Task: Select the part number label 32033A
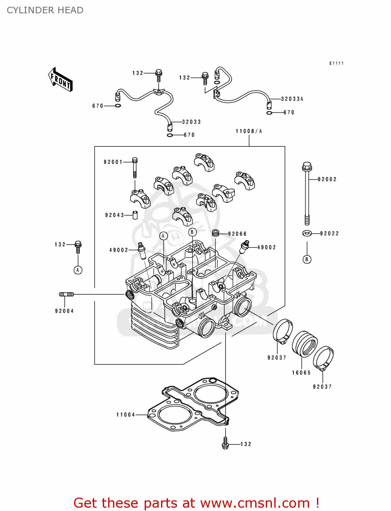[292, 99]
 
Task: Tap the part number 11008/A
[249, 131]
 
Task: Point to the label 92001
[113, 162]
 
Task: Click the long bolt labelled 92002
[307, 194]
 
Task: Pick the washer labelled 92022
[307, 233]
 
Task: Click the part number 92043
[114, 215]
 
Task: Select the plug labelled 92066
[215, 233]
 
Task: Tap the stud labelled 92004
[67, 294]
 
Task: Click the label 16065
[301, 373]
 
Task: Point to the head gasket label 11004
[126, 415]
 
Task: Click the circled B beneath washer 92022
[307, 260]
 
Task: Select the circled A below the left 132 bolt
[78, 270]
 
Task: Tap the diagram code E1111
[336, 63]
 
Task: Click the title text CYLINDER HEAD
[45, 10]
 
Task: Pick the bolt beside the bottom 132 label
[225, 443]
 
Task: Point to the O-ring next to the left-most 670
[118, 106]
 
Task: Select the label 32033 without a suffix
[191, 122]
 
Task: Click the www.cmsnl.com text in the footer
[255, 503]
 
